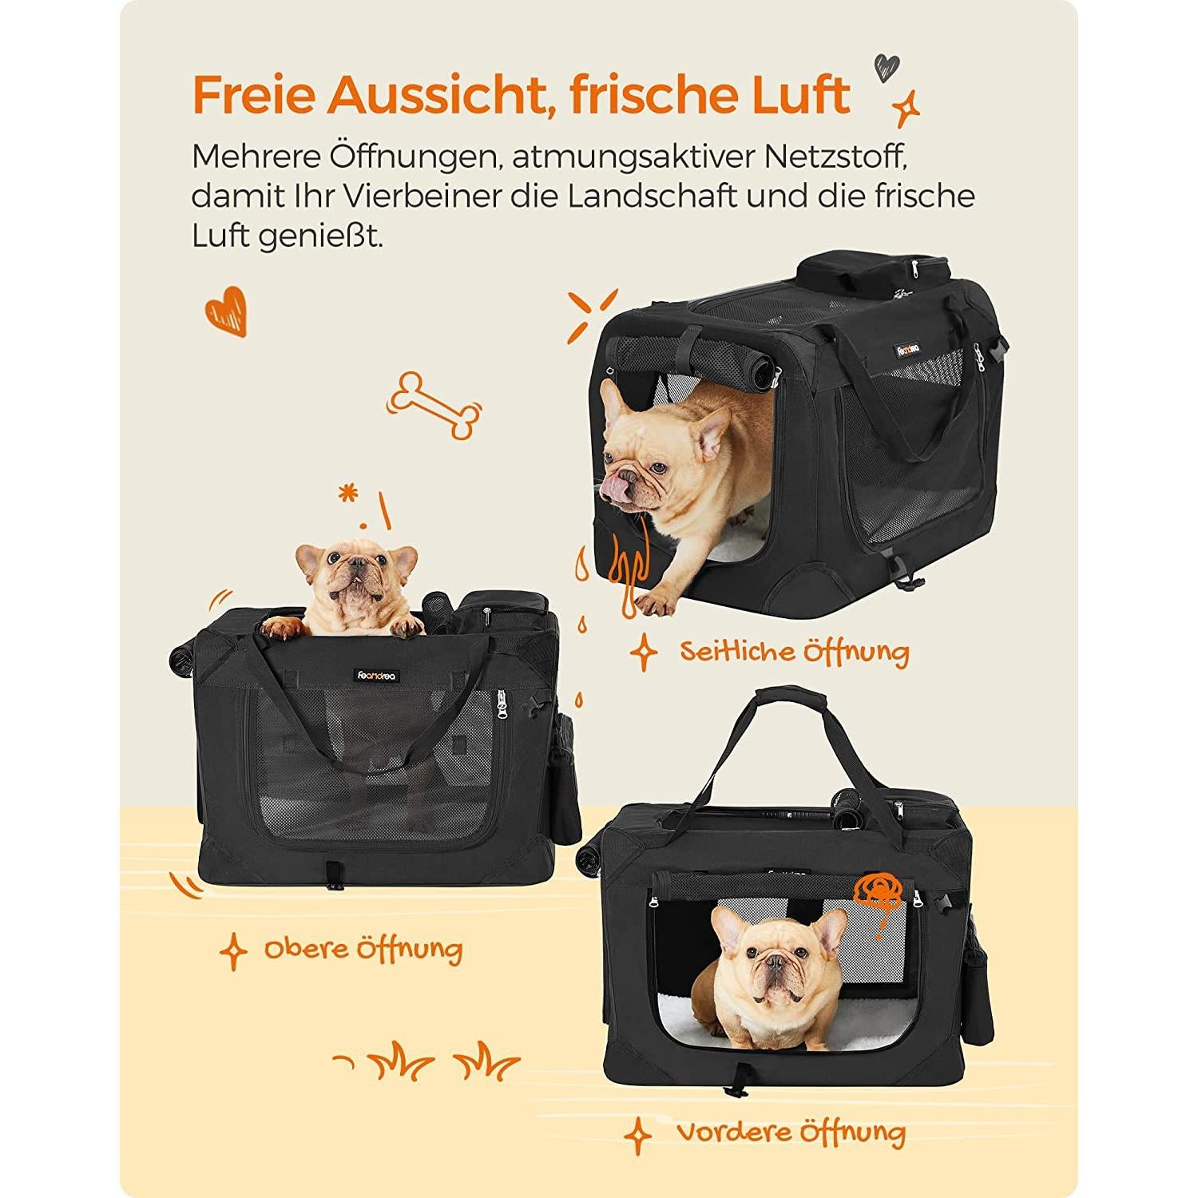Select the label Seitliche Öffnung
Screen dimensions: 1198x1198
794,652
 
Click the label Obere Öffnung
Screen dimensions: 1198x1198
363,950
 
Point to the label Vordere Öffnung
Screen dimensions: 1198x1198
791,1132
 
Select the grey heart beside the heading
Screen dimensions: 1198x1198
887,67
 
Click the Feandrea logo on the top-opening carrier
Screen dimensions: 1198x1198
378,676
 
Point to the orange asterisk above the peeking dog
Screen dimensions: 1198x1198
347,494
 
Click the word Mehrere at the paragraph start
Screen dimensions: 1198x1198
253,157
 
